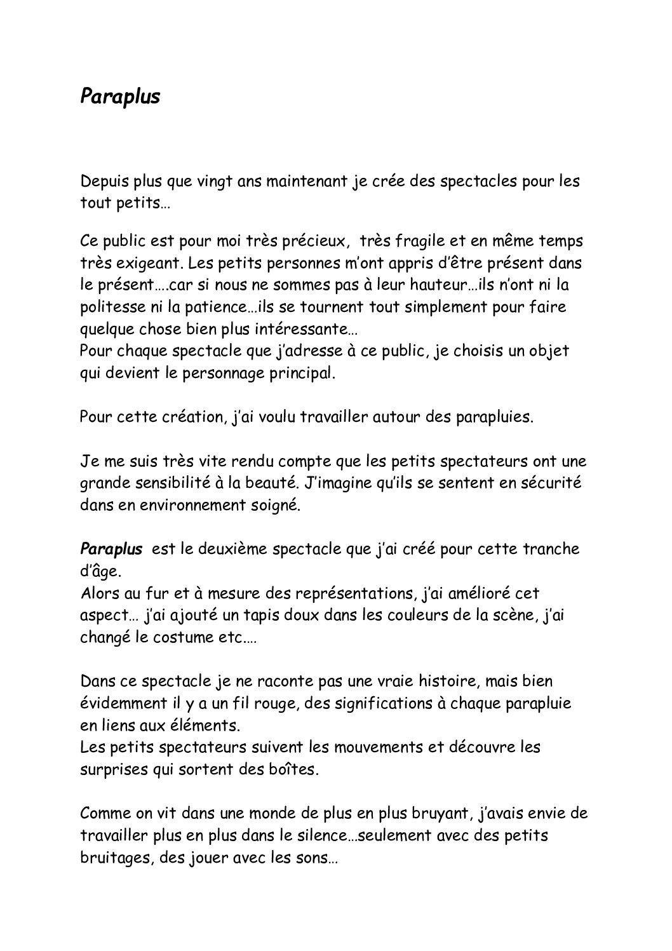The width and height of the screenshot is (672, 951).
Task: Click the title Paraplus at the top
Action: (x=121, y=96)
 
